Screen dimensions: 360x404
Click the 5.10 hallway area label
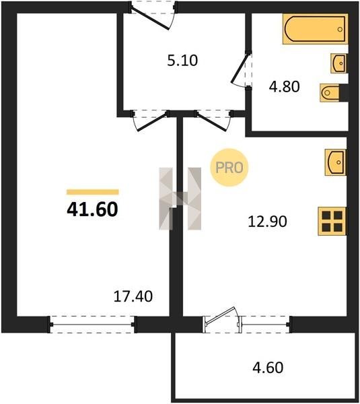pyautogui.click(x=182, y=61)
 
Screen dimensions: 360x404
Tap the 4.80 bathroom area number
pyautogui.click(x=284, y=87)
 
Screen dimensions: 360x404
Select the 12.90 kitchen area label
pyautogui.click(x=267, y=222)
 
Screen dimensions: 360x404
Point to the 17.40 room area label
pyautogui.click(x=133, y=296)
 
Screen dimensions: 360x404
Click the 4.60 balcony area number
pyautogui.click(x=268, y=368)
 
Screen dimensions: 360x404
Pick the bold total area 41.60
pyautogui.click(x=92, y=209)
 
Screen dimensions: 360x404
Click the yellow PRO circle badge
pyautogui.click(x=229, y=168)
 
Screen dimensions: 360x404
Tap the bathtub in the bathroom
pyautogui.click(x=315, y=29)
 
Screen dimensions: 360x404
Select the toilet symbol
pyautogui.click(x=332, y=92)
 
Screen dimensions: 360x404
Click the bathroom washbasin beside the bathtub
pyautogui.click(x=338, y=63)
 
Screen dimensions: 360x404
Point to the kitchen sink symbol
pyautogui.click(x=335, y=162)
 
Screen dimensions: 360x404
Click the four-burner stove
pyautogui.click(x=332, y=221)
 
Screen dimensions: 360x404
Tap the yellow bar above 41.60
pyautogui.click(x=93, y=192)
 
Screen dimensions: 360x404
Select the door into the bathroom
pyautogui.click(x=242, y=70)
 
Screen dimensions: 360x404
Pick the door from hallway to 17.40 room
pyautogui.click(x=150, y=120)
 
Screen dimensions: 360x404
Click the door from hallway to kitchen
pyautogui.click(x=213, y=120)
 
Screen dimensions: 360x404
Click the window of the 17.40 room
pyautogui.click(x=92, y=324)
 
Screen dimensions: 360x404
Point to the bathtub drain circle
pyautogui.click(x=340, y=29)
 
